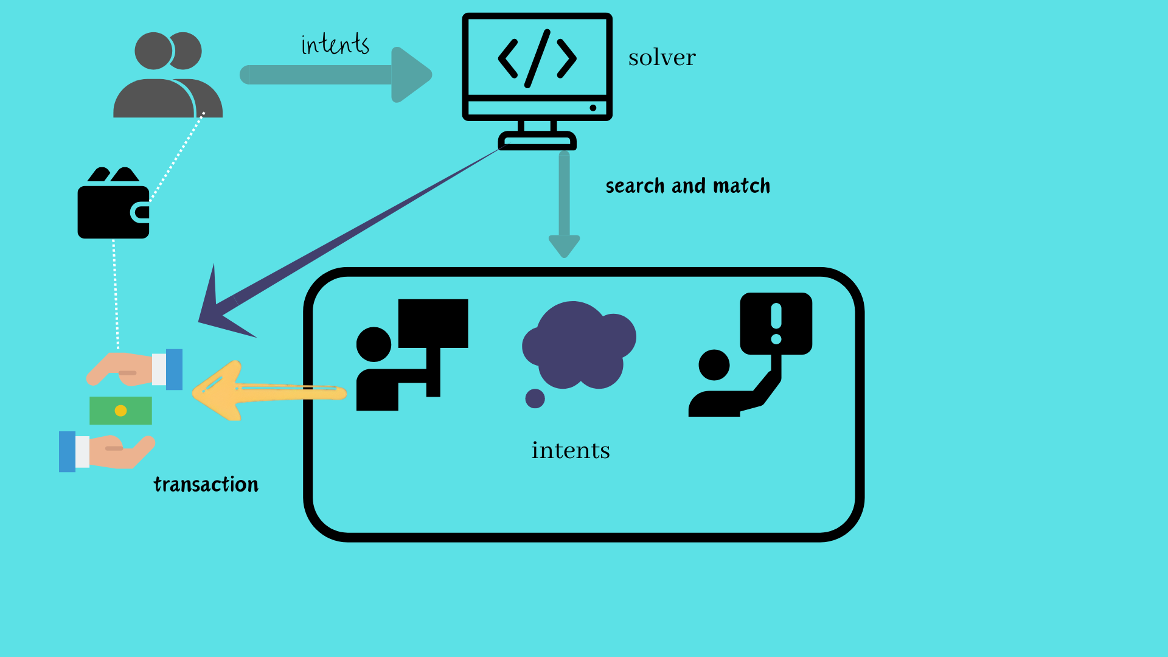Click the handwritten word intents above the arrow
335,44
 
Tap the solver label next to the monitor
662,58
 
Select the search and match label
687,186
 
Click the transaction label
206,484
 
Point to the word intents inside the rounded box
570,451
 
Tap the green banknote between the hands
120,411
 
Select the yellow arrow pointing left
268,391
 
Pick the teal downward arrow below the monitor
564,207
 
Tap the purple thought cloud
578,345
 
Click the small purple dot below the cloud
535,398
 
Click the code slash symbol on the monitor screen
537,58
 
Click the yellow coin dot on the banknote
120,411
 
